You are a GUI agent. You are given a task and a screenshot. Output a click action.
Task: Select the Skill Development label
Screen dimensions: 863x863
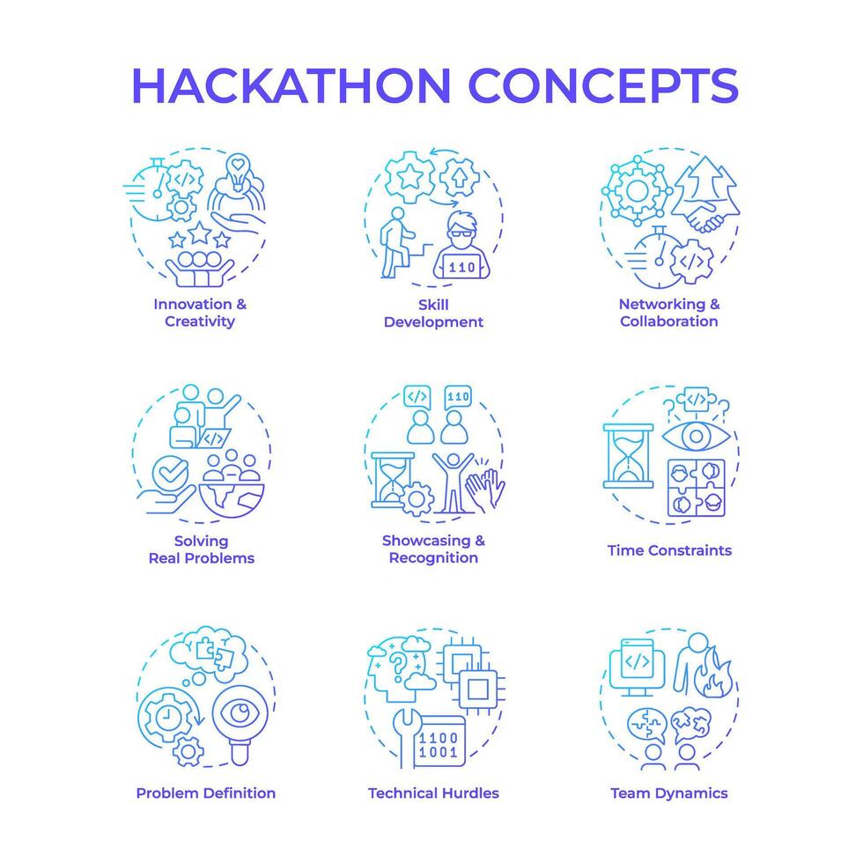[x=433, y=313]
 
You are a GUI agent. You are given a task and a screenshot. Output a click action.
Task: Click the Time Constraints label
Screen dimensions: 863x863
[x=669, y=550]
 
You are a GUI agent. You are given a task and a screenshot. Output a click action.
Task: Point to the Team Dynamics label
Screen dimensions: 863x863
[x=669, y=793]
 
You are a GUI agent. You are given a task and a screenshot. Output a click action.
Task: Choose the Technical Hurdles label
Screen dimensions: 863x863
[x=433, y=793]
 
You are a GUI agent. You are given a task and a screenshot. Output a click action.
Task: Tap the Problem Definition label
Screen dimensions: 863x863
[x=205, y=793]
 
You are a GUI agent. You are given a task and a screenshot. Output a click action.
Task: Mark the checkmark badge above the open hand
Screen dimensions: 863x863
[x=166, y=472]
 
